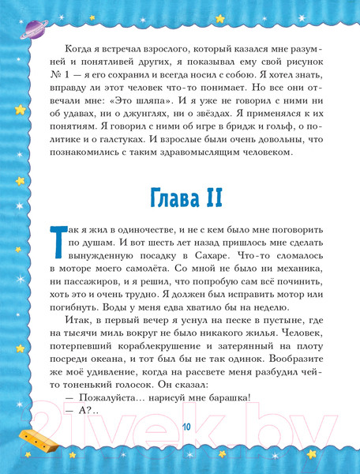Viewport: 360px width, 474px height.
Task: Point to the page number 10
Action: click(x=186, y=427)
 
